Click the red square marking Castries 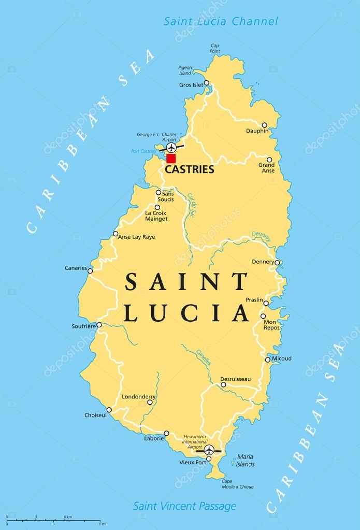171,159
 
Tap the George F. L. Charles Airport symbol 171,148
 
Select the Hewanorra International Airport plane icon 209,449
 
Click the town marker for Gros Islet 206,83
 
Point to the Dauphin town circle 264,125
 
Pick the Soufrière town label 83,326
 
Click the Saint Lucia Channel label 221,21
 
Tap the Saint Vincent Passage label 184,506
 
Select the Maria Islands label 245,461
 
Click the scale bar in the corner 52,520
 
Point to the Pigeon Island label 185,70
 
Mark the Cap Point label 215,49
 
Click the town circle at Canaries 90,270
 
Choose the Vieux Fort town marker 209,459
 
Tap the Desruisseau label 235,379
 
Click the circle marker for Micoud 267,360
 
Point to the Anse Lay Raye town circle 116,234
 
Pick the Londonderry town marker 150,402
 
